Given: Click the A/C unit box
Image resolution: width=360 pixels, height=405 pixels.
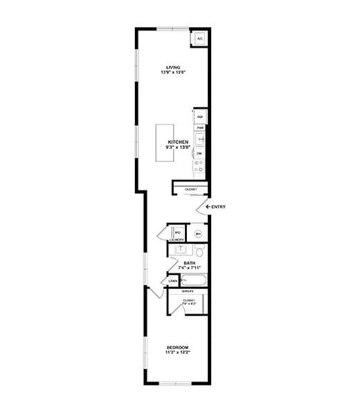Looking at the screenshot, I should [x=199, y=39].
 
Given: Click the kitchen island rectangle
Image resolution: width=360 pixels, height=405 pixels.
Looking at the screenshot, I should [x=165, y=143].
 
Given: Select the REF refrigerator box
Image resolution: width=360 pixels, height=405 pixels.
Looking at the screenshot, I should [x=199, y=117].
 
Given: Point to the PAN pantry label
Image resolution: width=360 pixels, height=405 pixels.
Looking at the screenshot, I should [x=199, y=128].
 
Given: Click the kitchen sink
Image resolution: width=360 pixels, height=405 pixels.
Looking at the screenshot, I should [x=199, y=138].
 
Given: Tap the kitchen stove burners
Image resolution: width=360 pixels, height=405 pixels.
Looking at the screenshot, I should [x=199, y=166].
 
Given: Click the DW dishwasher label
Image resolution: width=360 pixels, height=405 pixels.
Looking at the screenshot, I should [x=199, y=153].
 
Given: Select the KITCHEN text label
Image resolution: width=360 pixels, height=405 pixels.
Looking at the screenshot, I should [x=178, y=142].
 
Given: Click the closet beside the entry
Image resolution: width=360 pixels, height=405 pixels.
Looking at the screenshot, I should [x=190, y=189].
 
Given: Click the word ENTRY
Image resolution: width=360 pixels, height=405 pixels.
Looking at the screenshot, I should [x=219, y=207].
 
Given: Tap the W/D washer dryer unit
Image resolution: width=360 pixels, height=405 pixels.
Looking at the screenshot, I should [x=177, y=233].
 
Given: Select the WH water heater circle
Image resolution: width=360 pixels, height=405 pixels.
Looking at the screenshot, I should [x=198, y=234].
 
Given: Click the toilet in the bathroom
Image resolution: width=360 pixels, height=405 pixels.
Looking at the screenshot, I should [x=197, y=253].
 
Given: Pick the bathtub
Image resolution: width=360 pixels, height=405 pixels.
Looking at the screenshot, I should [x=193, y=281].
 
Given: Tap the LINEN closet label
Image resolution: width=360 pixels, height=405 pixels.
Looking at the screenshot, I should [x=172, y=281].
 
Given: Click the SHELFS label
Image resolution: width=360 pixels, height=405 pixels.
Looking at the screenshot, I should [x=187, y=291].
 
